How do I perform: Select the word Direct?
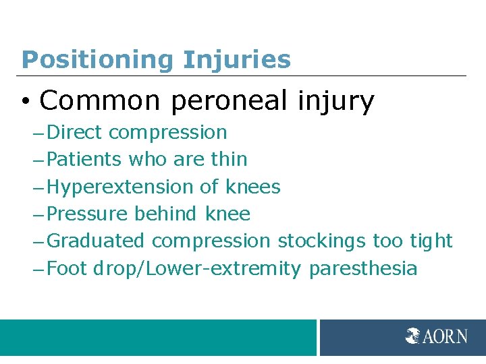pyautogui.click(x=76, y=132)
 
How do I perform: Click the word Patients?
pyautogui.click(x=85, y=159)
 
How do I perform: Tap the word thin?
pyautogui.click(x=229, y=159)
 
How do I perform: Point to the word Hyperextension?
pyautogui.click(x=122, y=187)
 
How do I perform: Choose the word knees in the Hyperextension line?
pyautogui.click(x=253, y=187)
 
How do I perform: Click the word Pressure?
pyautogui.click(x=88, y=214)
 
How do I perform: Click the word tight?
pyautogui.click(x=431, y=241)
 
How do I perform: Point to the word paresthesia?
pyautogui.click(x=363, y=269)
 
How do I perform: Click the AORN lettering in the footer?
pyautogui.click(x=445, y=336)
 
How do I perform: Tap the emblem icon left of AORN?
pyautogui.click(x=413, y=336)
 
